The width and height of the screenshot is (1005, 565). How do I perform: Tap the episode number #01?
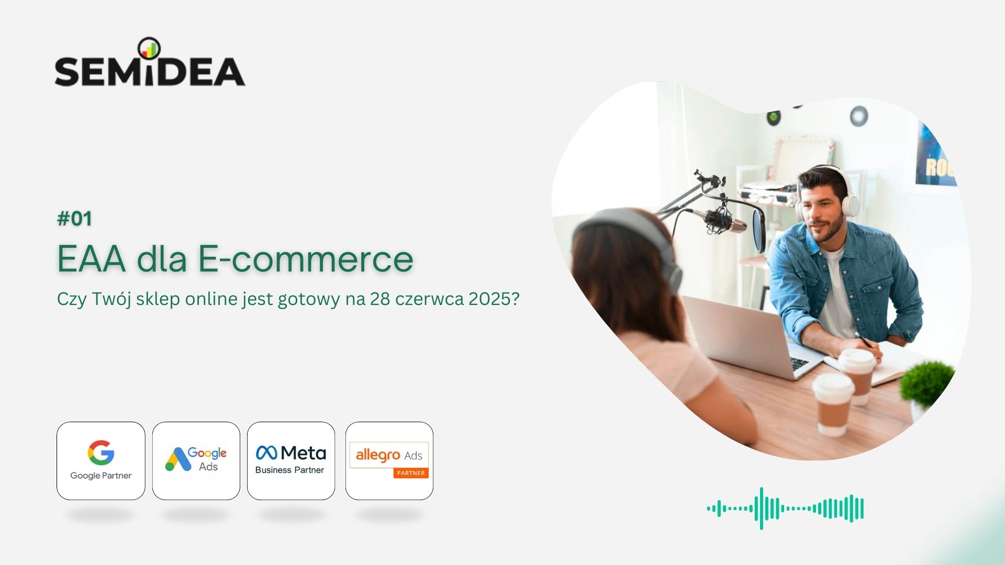[74, 219]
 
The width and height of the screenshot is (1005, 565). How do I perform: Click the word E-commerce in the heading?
[306, 258]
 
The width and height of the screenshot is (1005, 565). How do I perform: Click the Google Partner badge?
[101, 461]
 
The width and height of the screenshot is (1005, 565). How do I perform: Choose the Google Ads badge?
[196, 461]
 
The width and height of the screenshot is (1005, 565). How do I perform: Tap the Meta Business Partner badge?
[291, 461]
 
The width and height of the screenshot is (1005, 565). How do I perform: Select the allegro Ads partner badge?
[389, 461]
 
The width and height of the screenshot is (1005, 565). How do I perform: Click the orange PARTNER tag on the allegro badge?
[411, 473]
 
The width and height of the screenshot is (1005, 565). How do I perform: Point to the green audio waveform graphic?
[785, 508]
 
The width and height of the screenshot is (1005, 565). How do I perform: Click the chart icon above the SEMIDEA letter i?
[149, 48]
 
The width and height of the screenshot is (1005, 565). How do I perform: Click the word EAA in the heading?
[92, 258]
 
